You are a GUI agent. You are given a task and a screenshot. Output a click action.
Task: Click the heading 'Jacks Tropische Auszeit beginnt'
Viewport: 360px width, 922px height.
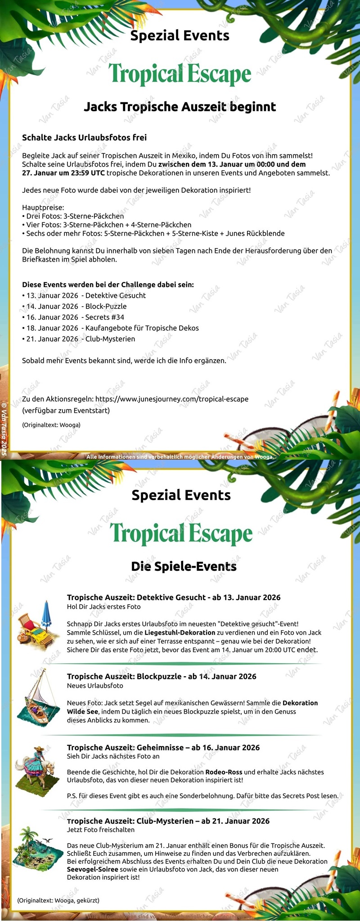[180, 107]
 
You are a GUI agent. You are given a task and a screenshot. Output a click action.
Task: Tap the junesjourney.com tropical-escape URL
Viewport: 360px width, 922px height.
[172, 399]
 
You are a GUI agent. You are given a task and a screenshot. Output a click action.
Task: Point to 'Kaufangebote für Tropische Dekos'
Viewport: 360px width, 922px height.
[142, 328]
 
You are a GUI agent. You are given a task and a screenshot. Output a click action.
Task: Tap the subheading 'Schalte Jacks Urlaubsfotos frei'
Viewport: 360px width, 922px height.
[84, 137]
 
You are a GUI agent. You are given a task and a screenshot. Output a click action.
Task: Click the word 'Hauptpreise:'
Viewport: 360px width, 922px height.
[43, 208]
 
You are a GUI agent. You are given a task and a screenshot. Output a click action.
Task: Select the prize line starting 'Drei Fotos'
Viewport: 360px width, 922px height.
[73, 216]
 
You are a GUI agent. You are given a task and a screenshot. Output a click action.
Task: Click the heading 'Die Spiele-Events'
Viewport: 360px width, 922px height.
[184, 566]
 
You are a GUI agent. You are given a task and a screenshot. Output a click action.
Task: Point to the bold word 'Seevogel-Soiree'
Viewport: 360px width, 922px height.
[93, 869]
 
